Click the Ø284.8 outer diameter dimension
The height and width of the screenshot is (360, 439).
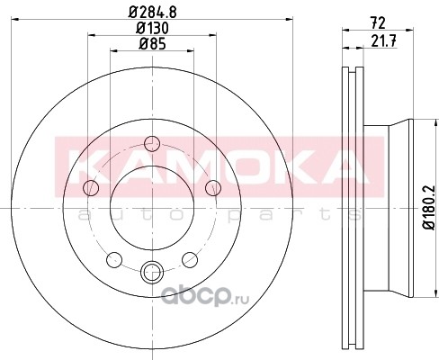[152, 13]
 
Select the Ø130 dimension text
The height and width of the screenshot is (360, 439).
[152, 28]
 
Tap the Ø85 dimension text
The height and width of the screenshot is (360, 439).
[152, 44]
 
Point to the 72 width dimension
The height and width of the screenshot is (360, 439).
[378, 23]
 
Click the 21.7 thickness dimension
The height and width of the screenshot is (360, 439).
[384, 41]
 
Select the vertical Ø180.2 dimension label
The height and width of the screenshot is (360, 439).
[429, 207]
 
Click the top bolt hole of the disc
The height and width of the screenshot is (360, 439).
[152, 144]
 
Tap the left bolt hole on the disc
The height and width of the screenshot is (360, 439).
[91, 188]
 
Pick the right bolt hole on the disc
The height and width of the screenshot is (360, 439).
[213, 188]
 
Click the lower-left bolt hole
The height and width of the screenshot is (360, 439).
[114, 260]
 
